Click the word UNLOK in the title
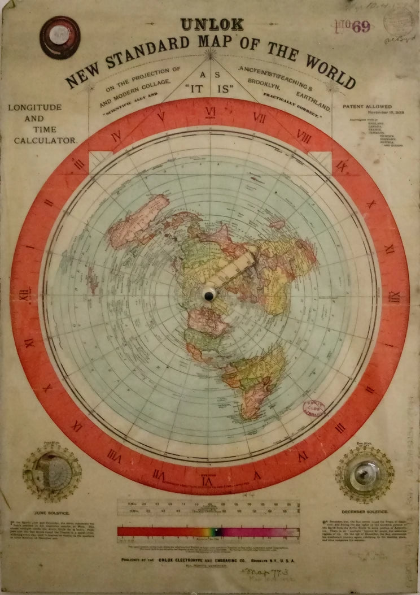pos(212,25)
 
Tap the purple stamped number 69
pos(362,26)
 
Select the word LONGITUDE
pos(35,107)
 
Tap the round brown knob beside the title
pos(59,37)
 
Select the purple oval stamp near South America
pos(315,407)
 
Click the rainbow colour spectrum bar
pos(209,531)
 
